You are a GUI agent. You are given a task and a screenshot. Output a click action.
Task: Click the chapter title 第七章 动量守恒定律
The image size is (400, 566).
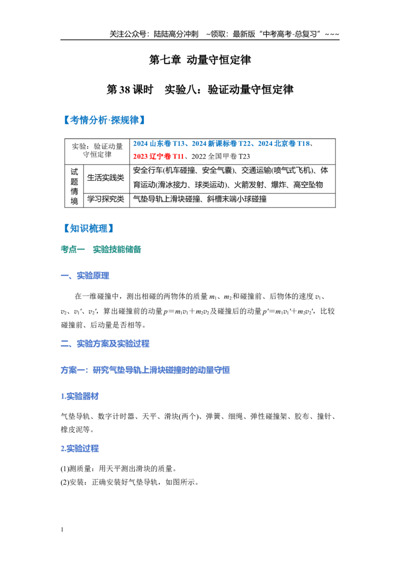(200, 59)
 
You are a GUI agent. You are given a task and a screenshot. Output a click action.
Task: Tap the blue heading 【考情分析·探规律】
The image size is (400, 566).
(104, 120)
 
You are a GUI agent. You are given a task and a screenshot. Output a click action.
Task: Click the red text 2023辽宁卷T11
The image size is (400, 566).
(158, 156)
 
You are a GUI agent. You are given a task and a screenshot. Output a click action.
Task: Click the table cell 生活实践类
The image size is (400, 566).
(106, 177)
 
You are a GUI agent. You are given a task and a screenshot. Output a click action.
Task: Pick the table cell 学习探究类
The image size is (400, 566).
(106, 199)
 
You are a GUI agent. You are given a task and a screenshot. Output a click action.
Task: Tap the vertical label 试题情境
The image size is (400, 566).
(74, 186)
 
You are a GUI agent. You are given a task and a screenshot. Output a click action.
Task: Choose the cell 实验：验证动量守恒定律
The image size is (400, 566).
(97, 150)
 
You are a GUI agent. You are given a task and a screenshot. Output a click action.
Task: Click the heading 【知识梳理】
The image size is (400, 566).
(88, 228)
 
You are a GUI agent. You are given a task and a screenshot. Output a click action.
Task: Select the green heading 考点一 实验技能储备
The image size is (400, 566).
(100, 249)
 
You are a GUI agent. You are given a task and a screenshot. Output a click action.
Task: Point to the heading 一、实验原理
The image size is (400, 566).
(85, 276)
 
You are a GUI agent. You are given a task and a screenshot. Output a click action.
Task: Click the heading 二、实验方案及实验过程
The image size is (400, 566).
(105, 343)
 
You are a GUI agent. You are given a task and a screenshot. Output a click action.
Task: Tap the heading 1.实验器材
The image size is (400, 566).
(80, 396)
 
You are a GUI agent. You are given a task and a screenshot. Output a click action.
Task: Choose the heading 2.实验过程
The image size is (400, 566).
(80, 448)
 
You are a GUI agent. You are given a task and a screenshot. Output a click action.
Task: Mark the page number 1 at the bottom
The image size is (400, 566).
(62, 529)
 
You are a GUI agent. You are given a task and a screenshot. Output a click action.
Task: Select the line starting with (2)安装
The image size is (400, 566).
(129, 482)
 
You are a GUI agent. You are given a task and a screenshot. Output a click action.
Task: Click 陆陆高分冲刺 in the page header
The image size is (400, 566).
(176, 34)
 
